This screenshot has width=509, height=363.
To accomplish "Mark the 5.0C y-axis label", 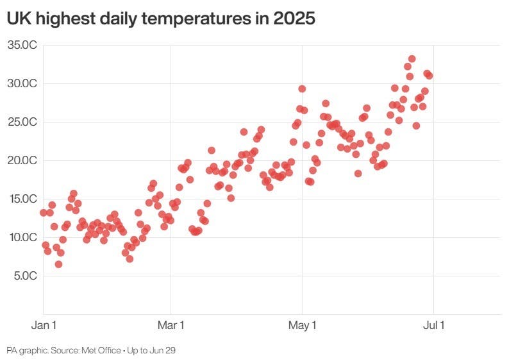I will coord(24,276).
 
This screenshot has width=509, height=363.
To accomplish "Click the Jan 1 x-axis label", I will coord(44,325).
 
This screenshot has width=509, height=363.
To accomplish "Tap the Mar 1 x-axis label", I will coord(171,325).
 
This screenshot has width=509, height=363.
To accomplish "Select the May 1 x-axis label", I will coord(302,325).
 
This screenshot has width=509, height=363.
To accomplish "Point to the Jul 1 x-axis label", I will coord(433,325).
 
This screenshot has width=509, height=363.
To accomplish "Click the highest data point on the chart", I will coord(412,59).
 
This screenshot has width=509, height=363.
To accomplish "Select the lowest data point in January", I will coord(58,264).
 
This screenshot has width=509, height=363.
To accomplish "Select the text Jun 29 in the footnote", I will coord(164,351).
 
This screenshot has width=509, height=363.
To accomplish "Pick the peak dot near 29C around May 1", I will coord(302,89).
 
